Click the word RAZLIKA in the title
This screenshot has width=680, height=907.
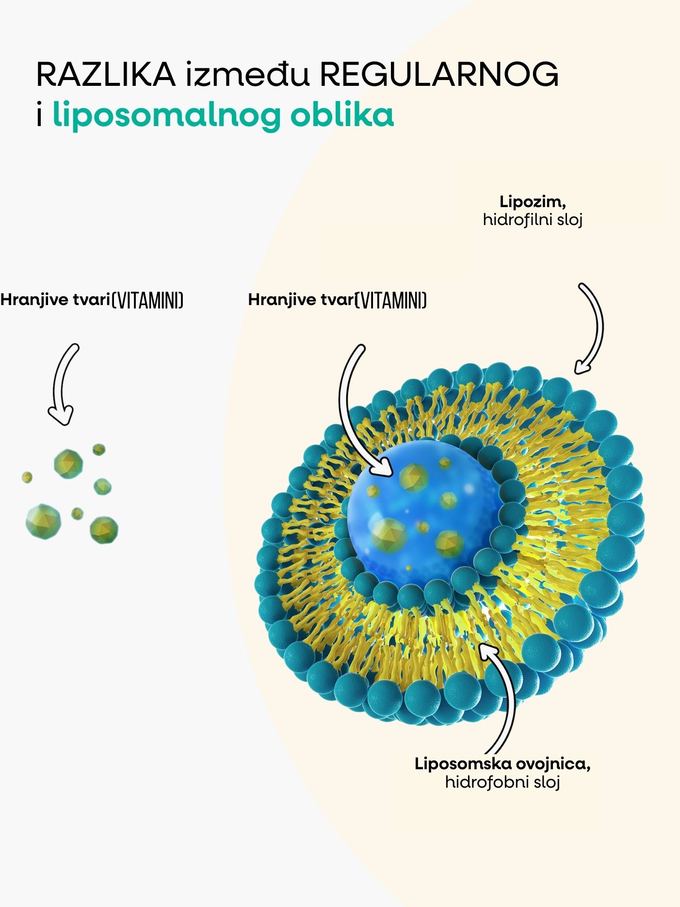106,75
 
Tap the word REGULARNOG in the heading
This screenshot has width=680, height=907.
439,75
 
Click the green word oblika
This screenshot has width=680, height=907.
342,115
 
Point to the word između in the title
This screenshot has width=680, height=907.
247,75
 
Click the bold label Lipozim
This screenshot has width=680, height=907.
532,201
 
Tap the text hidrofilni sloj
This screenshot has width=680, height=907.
532,220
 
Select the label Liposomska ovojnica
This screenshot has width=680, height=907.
502,764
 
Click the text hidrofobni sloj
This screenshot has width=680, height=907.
502,782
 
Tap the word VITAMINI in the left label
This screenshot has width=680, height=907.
148,300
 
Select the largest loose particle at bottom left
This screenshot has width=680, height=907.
43,521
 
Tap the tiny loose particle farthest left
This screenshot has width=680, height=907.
27,477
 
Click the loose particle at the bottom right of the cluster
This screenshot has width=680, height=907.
104,529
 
